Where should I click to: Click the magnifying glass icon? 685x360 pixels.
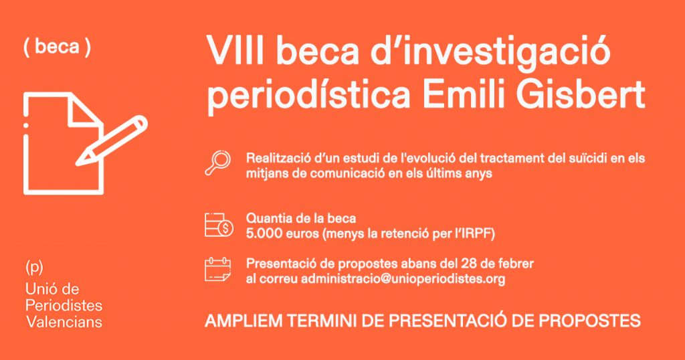tap(217, 163)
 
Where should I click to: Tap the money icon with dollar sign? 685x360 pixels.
tap(219, 225)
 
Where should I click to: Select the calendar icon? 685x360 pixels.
tap(217, 270)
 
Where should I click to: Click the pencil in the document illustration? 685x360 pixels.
tap(112, 141)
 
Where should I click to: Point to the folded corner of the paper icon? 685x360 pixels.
tap(84, 110)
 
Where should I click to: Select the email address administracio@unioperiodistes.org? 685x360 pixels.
tap(403, 279)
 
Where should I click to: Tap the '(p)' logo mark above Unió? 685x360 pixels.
tap(34, 268)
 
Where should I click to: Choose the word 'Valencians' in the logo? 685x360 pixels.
tap(64, 322)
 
